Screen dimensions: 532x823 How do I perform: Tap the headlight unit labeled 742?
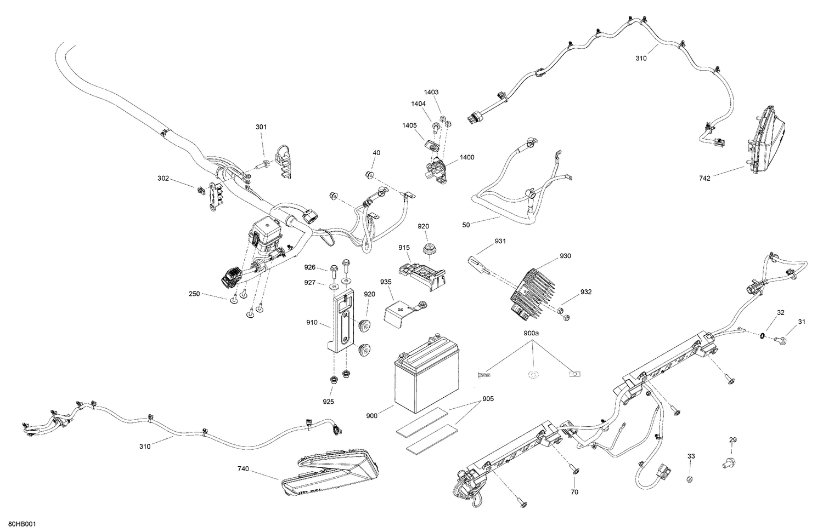(765, 140)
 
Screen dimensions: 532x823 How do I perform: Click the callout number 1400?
(467, 157)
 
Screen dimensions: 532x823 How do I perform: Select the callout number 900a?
(532, 333)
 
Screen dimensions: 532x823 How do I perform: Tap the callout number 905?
(488, 399)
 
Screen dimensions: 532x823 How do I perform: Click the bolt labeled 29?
(726, 464)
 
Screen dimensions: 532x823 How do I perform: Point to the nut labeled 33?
(691, 480)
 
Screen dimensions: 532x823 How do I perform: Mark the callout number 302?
(164, 178)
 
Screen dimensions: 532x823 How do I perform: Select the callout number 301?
(261, 127)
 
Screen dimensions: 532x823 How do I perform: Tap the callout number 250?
(194, 294)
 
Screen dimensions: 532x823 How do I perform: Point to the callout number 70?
(574, 492)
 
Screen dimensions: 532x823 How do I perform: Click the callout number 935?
(386, 282)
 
